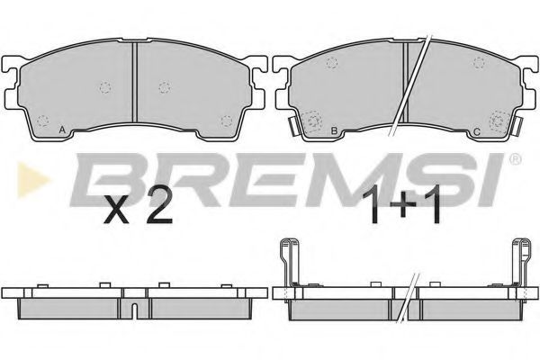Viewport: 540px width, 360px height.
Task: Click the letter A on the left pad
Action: (x=62, y=130)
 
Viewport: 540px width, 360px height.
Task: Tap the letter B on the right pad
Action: (x=334, y=130)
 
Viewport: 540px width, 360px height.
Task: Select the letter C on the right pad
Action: (x=477, y=131)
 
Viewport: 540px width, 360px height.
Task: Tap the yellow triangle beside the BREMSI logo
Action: (x=33, y=180)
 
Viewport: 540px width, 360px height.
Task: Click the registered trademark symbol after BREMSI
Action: (x=515, y=159)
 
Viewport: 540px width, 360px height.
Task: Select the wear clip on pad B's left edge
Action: (x=294, y=126)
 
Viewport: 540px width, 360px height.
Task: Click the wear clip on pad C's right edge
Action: (x=516, y=127)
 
